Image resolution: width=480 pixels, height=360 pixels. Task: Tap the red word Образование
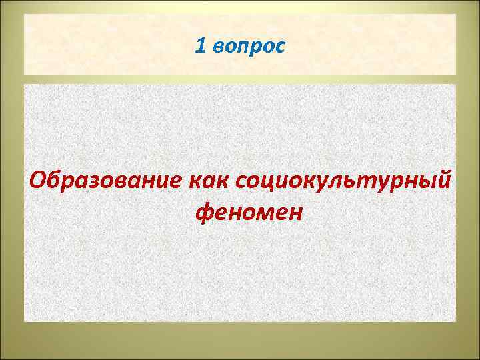pos(104,180)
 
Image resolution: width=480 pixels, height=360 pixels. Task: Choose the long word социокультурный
pos(341,181)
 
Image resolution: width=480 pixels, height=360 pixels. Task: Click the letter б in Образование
pos(56,179)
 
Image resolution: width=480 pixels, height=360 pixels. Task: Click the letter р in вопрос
pos(257,48)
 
